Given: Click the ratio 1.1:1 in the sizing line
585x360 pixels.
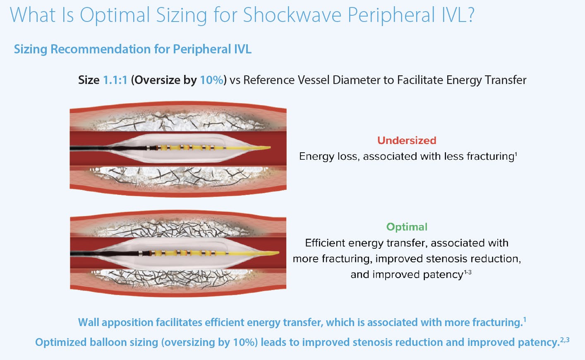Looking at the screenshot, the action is click(115, 80).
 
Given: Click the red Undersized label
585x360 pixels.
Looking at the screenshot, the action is click(407, 141).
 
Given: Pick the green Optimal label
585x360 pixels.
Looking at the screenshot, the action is click(407, 227).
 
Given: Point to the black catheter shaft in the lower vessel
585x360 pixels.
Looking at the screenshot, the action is click(104, 253).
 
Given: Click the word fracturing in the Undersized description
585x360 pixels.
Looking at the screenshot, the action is click(490, 156).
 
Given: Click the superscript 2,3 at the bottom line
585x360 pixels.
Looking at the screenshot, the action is click(565, 340).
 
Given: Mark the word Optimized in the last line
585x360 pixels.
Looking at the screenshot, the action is click(60, 342).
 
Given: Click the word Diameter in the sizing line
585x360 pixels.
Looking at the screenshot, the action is click(359, 80).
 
